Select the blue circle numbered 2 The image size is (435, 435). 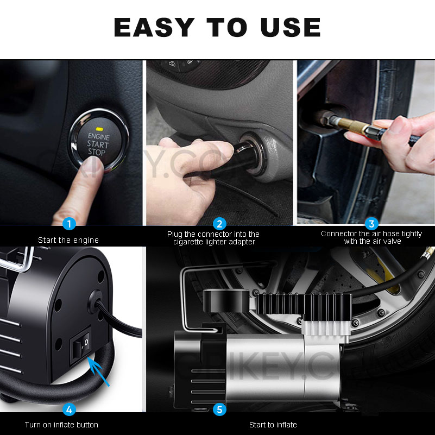[219, 224]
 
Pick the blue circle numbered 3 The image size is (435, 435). [371, 224]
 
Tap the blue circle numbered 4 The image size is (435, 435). [69, 409]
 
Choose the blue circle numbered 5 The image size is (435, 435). [219, 409]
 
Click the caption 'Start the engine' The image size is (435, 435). [68, 239]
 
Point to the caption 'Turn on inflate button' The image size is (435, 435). [61, 424]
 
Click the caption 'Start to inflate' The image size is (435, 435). [273, 424]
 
